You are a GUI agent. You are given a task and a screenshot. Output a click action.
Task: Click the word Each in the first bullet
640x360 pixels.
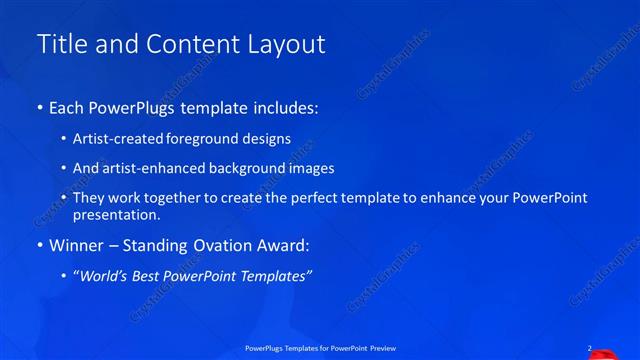(x=67, y=107)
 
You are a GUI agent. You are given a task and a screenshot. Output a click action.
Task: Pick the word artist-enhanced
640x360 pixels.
(x=149, y=169)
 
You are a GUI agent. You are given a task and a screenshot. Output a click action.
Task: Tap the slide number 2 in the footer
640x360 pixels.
(x=589, y=348)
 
